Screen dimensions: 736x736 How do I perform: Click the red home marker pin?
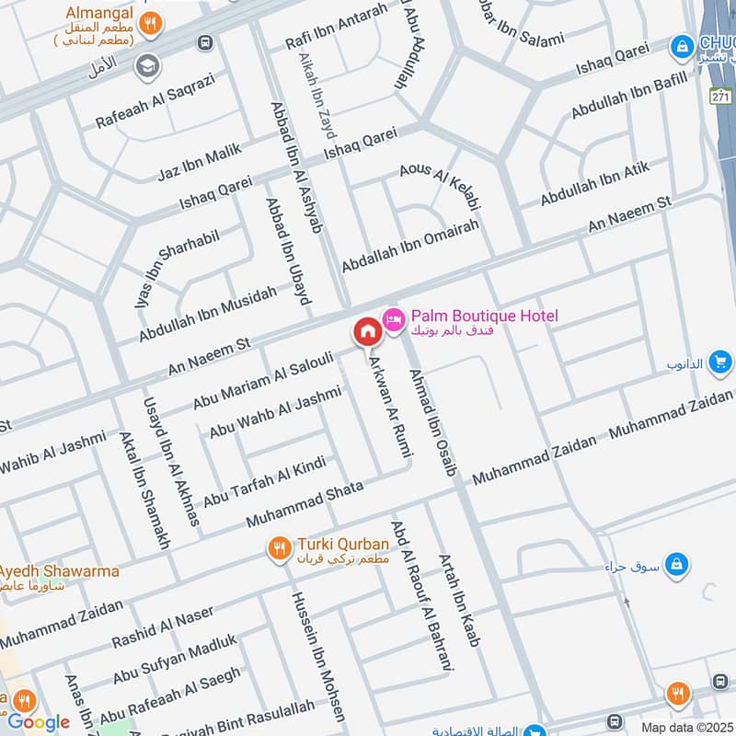click(x=366, y=331)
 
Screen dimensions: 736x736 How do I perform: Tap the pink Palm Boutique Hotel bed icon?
click(x=394, y=317)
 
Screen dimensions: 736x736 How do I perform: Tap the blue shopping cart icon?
click(x=720, y=363)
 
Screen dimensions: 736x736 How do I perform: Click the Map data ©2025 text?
click(x=685, y=727)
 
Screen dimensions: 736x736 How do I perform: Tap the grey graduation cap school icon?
click(x=145, y=66)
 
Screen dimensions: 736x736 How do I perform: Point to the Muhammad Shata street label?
click(x=305, y=503)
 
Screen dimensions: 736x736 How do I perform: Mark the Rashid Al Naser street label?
click(x=163, y=627)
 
